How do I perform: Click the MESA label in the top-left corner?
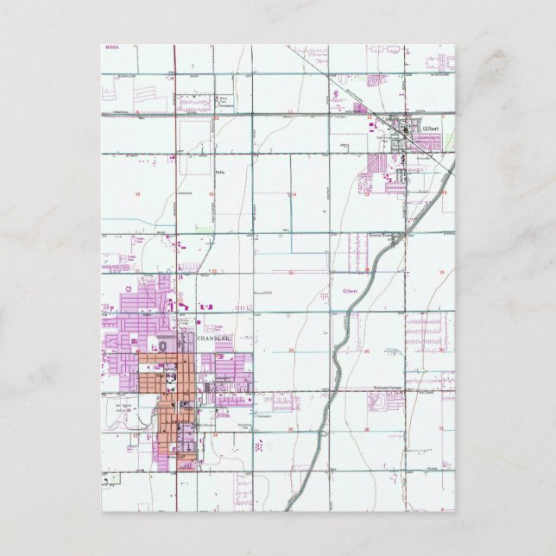pyautogui.click(x=110, y=48)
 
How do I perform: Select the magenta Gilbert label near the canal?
pyautogui.click(x=351, y=291)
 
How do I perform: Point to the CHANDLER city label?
pyautogui.click(x=215, y=339)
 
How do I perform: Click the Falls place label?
pyautogui.click(x=219, y=172)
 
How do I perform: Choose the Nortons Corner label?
pyautogui.click(x=388, y=389)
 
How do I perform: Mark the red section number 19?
pyautogui.click(x=439, y=272)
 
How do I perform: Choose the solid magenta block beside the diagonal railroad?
pyautogui.click(x=360, y=109)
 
